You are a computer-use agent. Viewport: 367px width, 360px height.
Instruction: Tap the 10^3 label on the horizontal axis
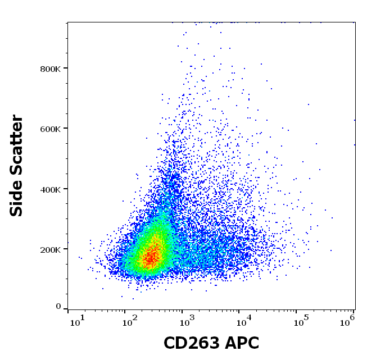click(x=187, y=320)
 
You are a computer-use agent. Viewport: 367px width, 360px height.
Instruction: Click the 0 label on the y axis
click(x=58, y=307)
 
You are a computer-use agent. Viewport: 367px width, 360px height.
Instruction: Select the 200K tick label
click(x=50, y=249)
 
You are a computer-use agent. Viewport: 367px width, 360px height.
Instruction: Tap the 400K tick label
click(x=50, y=189)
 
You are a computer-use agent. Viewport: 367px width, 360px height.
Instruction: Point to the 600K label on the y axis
click(x=50, y=129)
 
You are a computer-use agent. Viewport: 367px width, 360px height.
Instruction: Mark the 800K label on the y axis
click(x=50, y=69)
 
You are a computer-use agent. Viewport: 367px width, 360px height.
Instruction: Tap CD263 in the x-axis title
click(x=191, y=343)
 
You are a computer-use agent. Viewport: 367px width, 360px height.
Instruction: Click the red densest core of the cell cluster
click(x=149, y=258)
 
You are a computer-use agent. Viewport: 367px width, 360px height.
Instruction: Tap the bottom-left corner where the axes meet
click(x=67, y=309)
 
